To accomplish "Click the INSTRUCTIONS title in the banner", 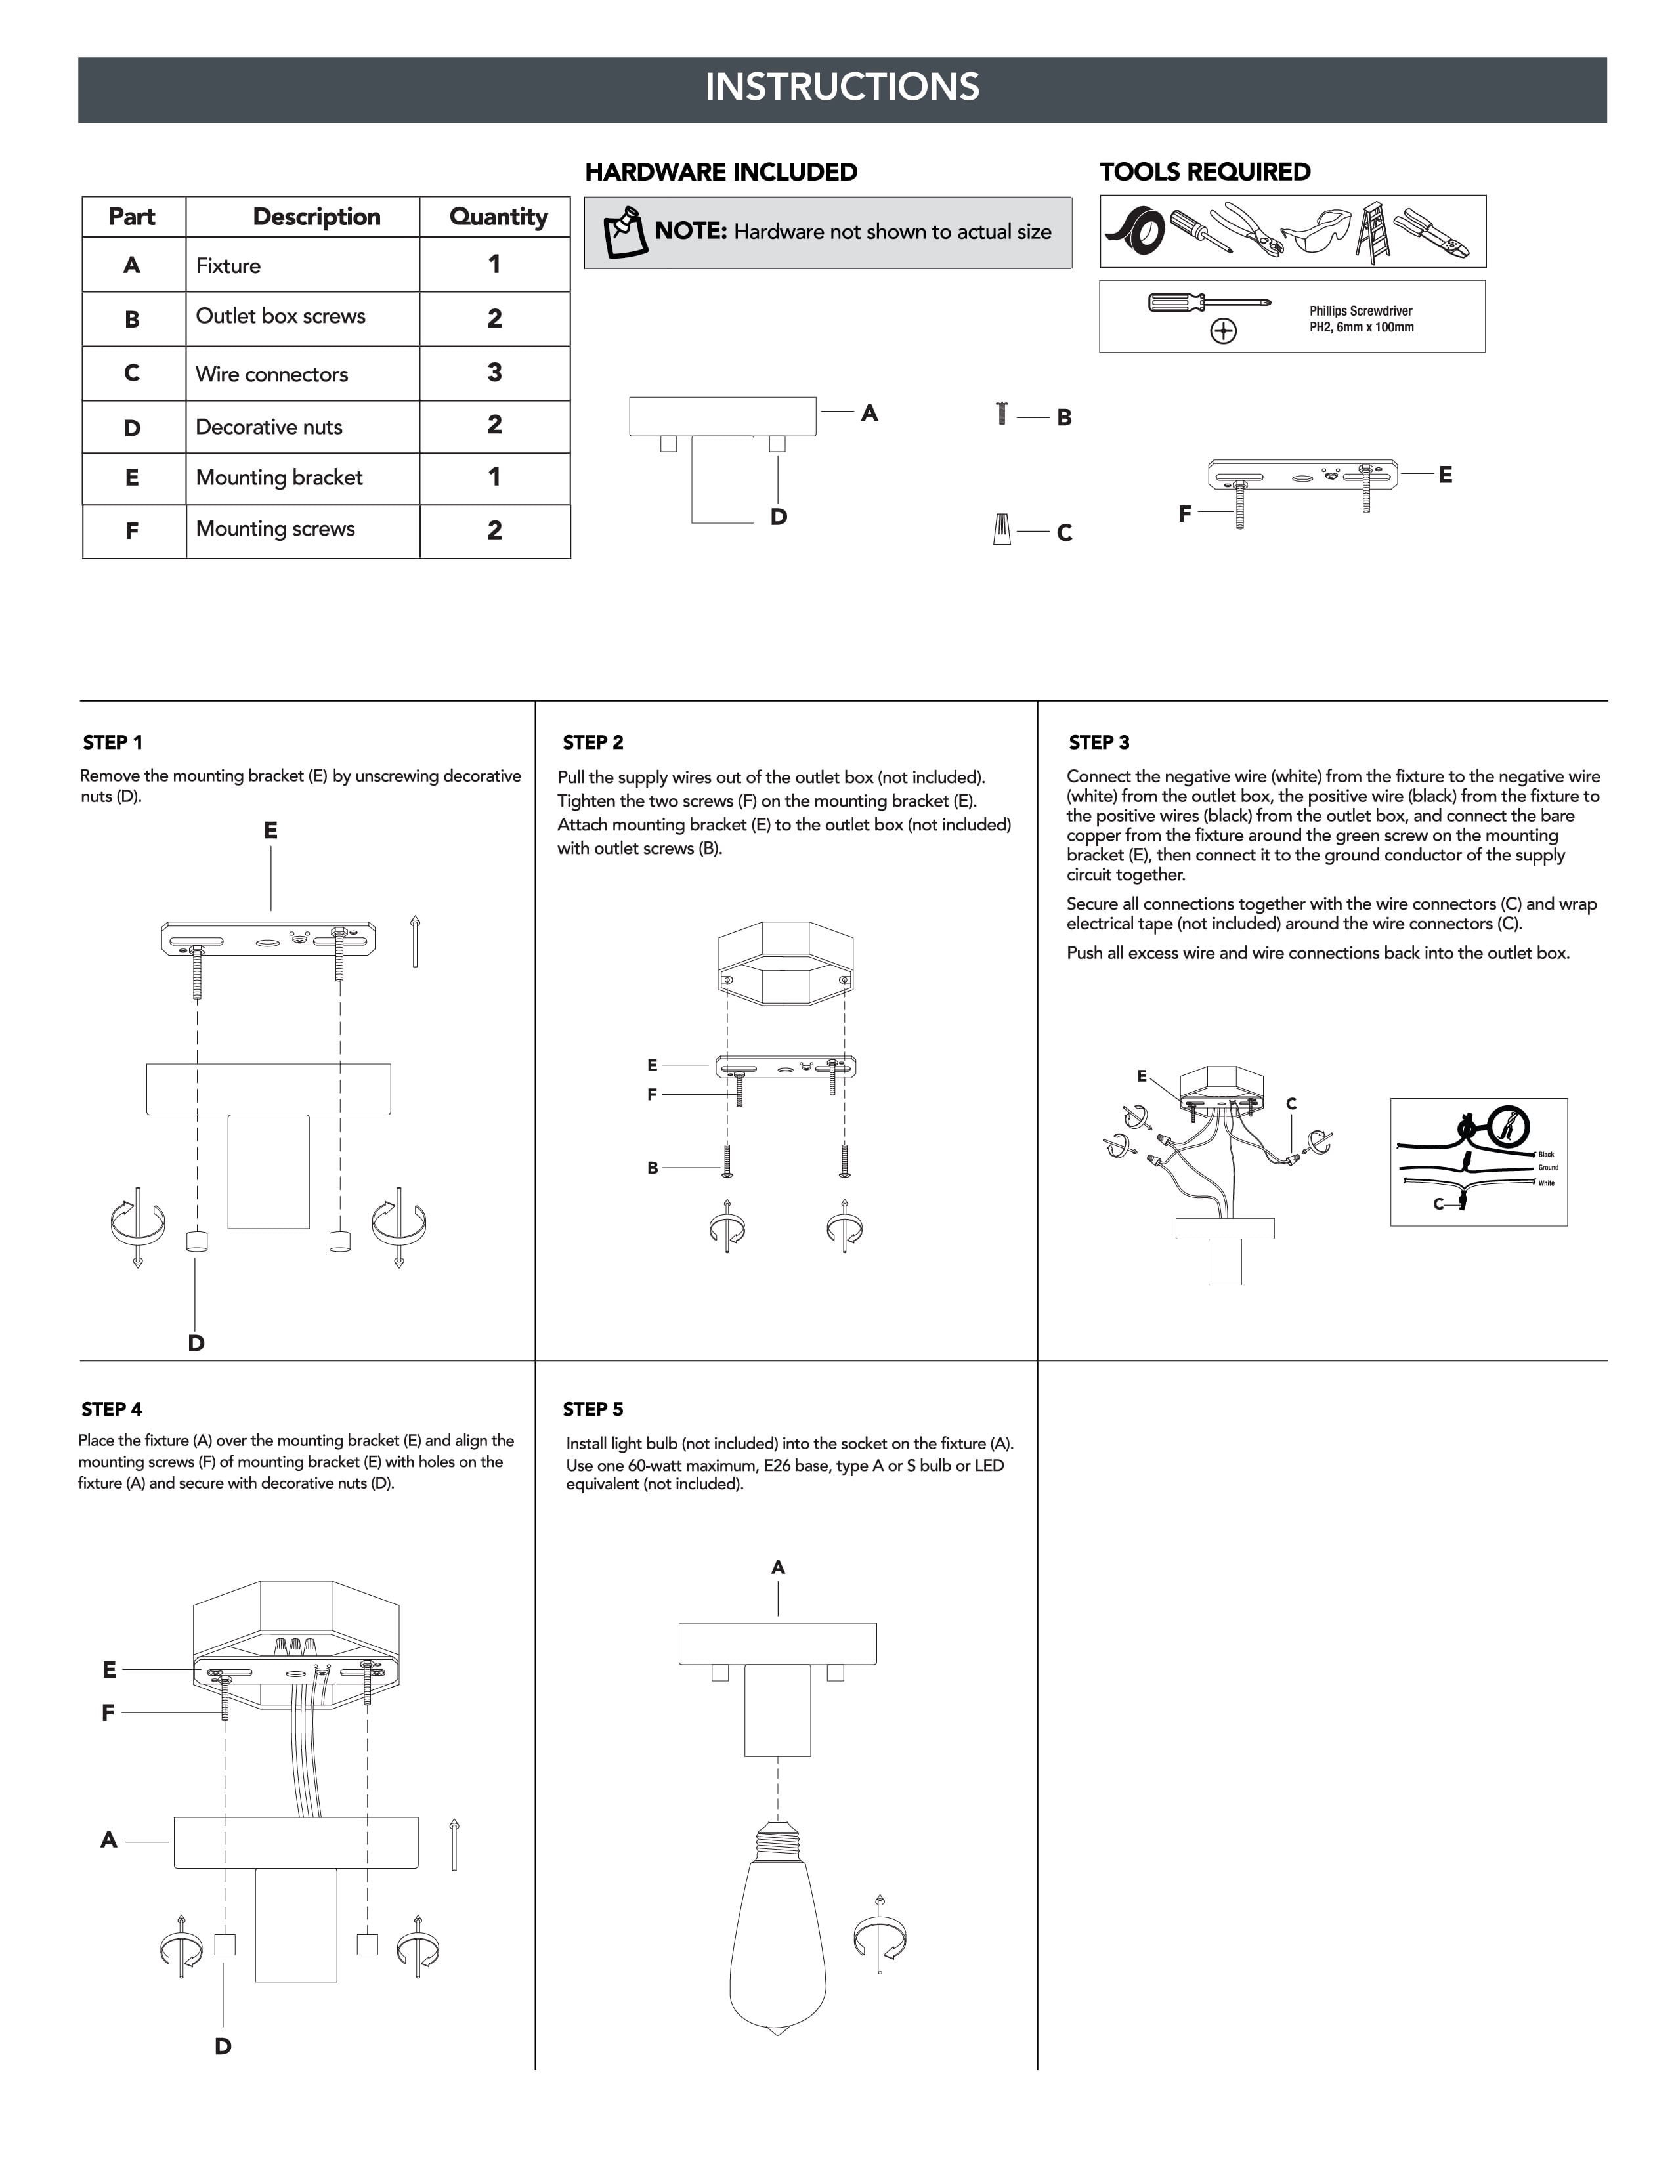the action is tap(842, 87).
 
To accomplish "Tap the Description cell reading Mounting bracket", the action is tap(303, 478).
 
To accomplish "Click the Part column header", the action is tap(133, 216).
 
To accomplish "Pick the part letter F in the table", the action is tap(132, 530).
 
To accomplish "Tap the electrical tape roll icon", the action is tap(1136, 233).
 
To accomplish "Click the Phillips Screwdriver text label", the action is tap(1361, 310).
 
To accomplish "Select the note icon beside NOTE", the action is tap(625, 232).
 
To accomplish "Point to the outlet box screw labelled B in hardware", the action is tap(1002, 413).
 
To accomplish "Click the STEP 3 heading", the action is tap(1099, 743).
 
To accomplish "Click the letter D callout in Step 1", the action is tap(196, 1343).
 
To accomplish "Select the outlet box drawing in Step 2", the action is tap(785, 959).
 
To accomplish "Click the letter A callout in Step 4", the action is tap(109, 1840).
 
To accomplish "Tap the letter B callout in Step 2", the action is tap(653, 1167).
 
